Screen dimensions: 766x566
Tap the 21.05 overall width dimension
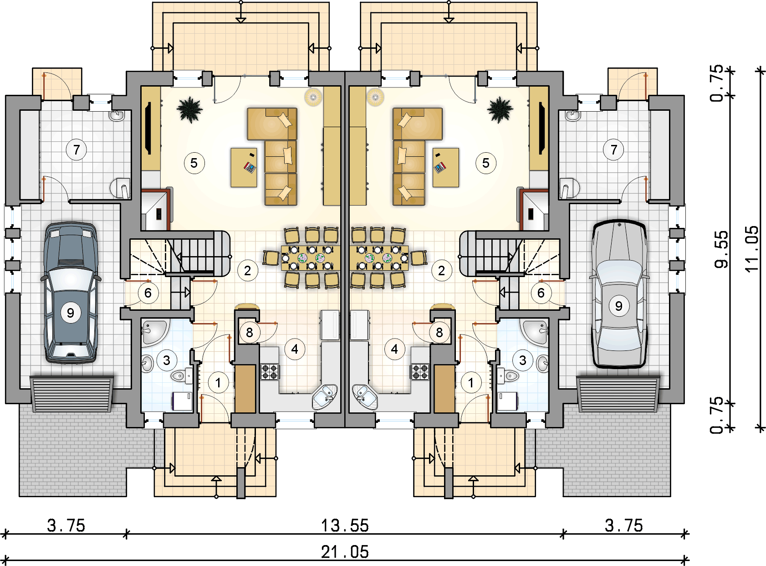tap(345, 552)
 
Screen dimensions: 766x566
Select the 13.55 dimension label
tap(345, 525)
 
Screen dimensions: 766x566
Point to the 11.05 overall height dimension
tap(751, 249)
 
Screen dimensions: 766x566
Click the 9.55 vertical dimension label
tap(721, 249)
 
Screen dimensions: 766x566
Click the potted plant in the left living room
tap(189, 110)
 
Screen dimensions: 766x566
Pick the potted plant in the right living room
tap(500, 110)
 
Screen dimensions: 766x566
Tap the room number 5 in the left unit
tap(194, 163)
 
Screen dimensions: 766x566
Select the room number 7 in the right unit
tap(613, 150)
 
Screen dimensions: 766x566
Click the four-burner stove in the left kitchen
tap(270, 372)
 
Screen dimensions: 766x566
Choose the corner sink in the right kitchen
tap(365, 396)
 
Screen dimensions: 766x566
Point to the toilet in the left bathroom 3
tap(181, 376)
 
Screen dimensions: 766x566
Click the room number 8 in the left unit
tap(250, 332)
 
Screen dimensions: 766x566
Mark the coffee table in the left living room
tap(244, 167)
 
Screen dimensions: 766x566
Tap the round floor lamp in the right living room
tap(375, 97)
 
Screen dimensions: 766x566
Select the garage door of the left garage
tap(72, 394)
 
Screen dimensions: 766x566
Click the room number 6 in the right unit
tap(541, 293)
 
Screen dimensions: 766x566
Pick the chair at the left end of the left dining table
tap(271, 258)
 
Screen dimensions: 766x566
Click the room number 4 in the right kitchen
tap(394, 349)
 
